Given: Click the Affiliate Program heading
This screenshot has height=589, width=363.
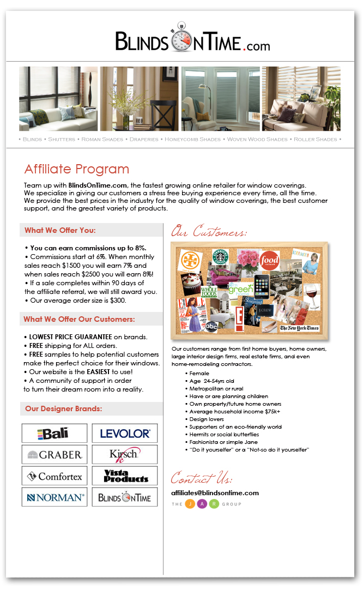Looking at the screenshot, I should [77, 169].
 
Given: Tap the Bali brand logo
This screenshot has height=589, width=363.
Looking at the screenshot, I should [54, 434].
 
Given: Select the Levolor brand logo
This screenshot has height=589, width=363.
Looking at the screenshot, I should [125, 434].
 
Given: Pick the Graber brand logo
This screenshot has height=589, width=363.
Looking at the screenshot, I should [54, 455].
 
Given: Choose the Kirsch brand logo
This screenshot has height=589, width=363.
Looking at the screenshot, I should [125, 454].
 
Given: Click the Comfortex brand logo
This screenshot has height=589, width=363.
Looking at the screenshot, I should [54, 476].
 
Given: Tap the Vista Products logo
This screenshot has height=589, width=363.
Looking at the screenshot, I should [125, 476].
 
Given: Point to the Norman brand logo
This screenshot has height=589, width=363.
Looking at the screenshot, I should [54, 497].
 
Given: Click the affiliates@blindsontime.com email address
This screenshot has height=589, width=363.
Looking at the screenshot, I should [215, 493].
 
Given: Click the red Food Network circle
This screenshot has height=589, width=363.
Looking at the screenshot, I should [269, 261].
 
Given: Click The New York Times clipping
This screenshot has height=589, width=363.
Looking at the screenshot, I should [299, 328].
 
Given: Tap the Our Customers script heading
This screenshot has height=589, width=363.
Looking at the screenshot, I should [209, 232].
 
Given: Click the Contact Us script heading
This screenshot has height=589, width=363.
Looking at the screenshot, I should [201, 479].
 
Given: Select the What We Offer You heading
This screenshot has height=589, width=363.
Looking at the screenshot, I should [60, 231].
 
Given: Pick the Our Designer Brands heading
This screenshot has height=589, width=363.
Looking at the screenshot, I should [64, 408].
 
